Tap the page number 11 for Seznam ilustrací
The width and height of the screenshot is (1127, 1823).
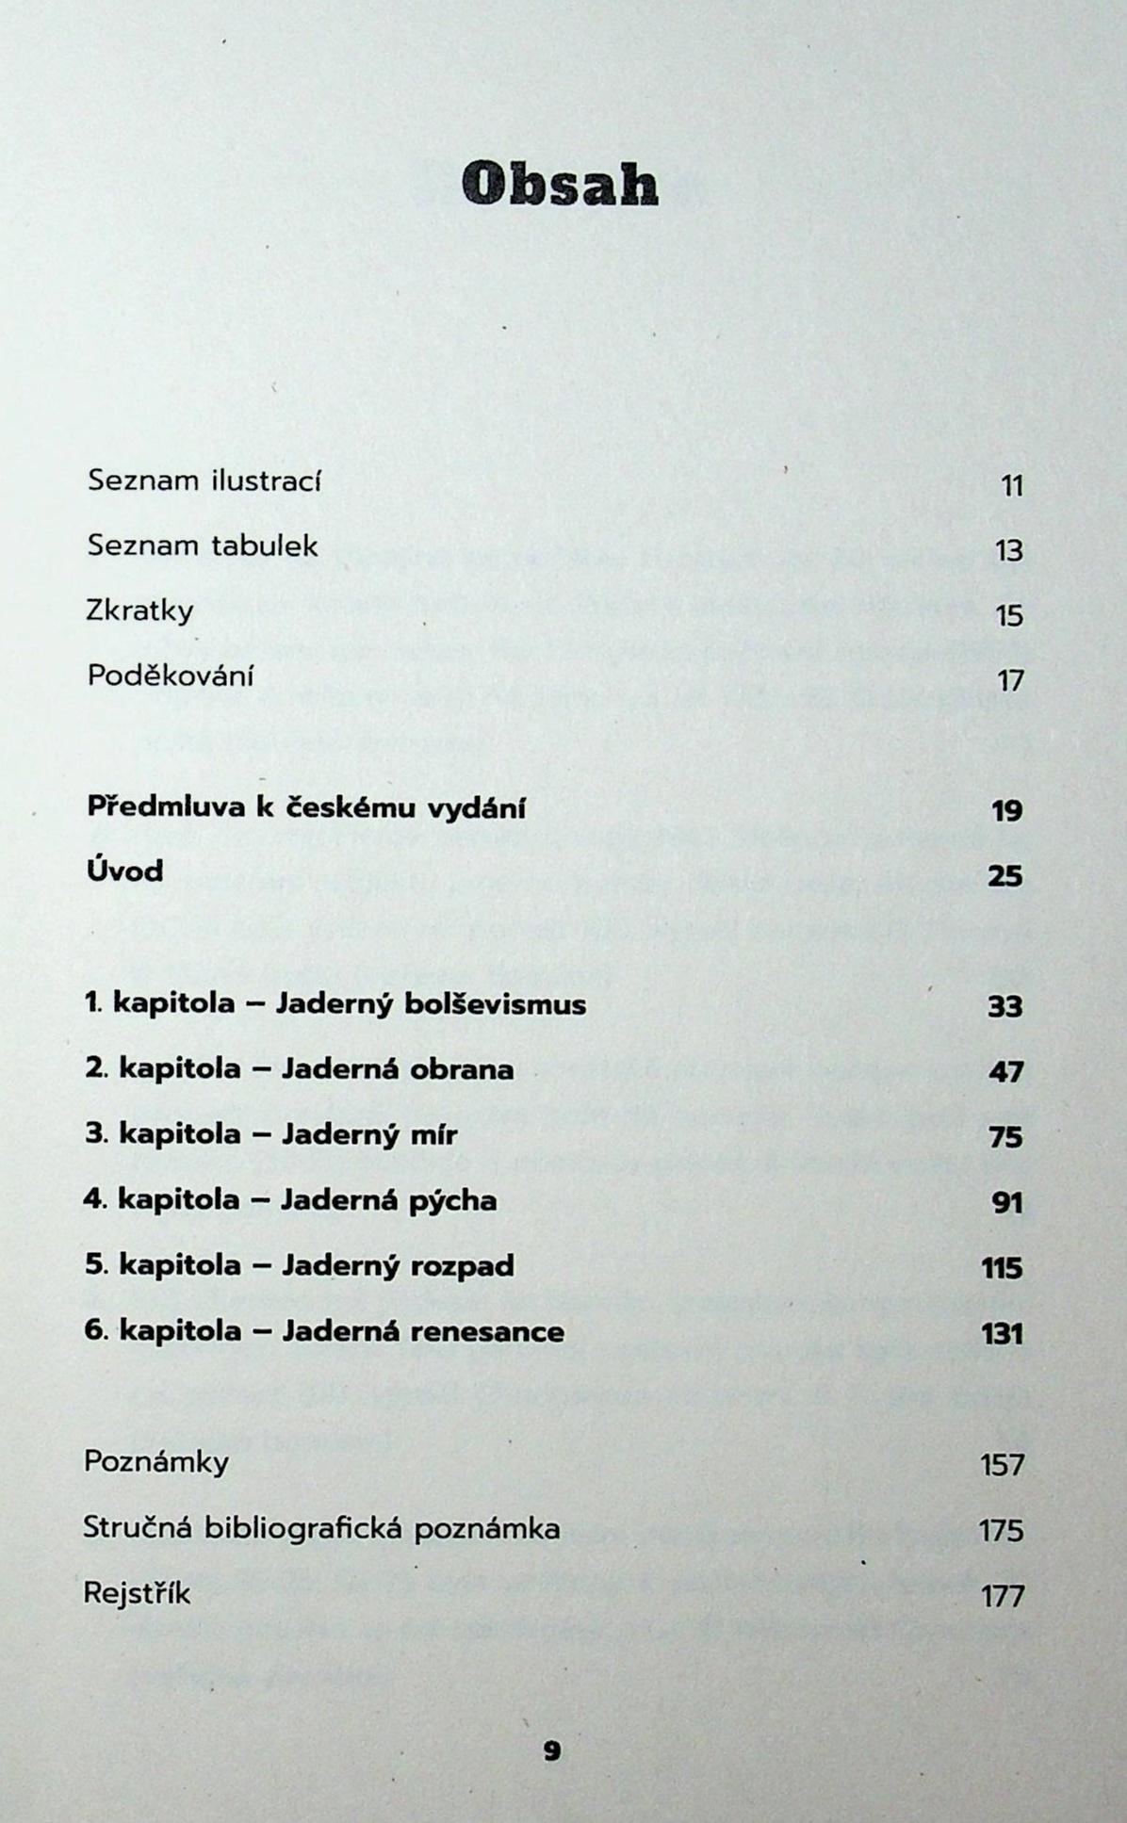click(x=1011, y=487)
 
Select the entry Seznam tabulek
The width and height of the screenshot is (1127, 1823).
click(x=203, y=545)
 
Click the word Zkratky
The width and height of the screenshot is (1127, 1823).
click(x=139, y=611)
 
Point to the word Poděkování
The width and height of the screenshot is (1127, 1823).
click(x=171, y=675)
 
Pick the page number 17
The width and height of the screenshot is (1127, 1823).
click(x=1009, y=681)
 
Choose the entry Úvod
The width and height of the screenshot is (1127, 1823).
click(x=124, y=871)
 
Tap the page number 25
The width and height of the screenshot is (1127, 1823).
click(x=1005, y=877)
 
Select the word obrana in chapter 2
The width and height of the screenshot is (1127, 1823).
click(x=461, y=1069)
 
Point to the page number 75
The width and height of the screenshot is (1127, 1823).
click(x=1005, y=1138)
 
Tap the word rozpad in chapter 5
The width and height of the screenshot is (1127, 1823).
click(x=462, y=1265)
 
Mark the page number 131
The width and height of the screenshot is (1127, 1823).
click(x=1002, y=1335)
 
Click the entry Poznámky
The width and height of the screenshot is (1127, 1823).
click(x=156, y=1462)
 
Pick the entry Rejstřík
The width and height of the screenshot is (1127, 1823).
click(x=137, y=1593)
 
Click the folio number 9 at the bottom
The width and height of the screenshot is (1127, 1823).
click(x=552, y=1751)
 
